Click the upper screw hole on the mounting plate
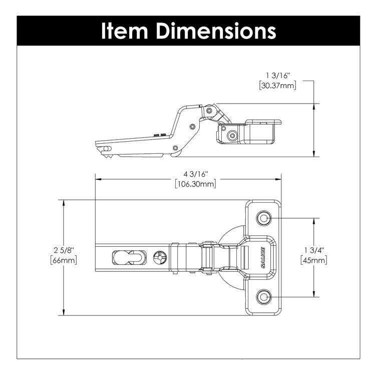point(263,218)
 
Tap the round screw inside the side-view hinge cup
point(231,136)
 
